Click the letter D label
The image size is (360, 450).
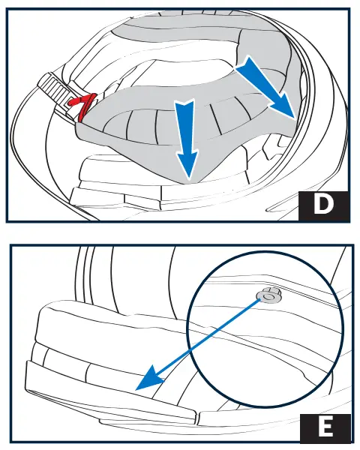pos(323,204)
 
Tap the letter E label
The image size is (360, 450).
pos(325,427)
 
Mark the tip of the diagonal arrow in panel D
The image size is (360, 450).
pos(295,118)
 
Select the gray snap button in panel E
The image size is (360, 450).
pos(268,296)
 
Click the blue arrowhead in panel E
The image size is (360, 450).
pos(151,378)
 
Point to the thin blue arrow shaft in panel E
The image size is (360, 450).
pos(209,335)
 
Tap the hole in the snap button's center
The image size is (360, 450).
pos(268,297)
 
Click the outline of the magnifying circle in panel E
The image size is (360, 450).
pos(188,330)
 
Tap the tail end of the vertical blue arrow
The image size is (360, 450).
pos(185,100)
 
